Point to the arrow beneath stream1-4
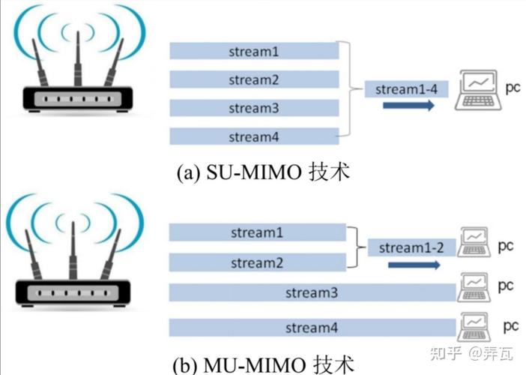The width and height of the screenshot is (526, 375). [x=408, y=107]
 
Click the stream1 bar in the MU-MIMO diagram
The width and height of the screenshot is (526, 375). [x=257, y=233]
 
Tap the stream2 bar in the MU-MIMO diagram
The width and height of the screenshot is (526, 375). [x=257, y=262]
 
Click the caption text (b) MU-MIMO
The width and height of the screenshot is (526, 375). [x=262, y=365]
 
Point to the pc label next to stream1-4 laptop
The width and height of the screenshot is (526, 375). [x=513, y=88]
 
